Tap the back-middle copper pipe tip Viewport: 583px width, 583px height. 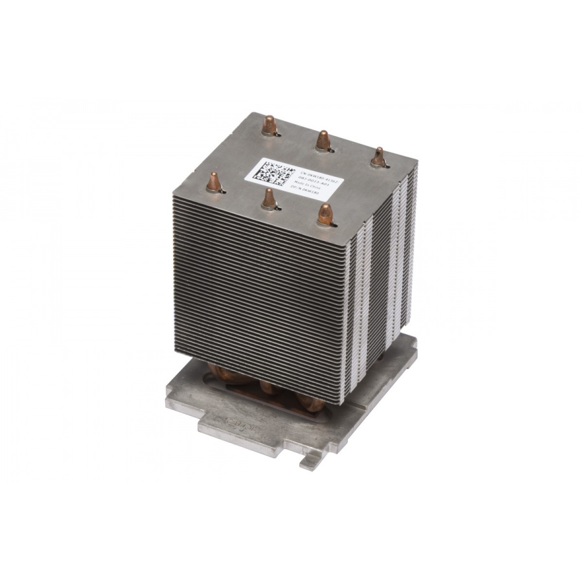click(323, 139)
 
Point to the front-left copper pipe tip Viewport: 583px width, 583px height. click(212, 181)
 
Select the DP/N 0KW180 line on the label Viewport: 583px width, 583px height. click(313, 190)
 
